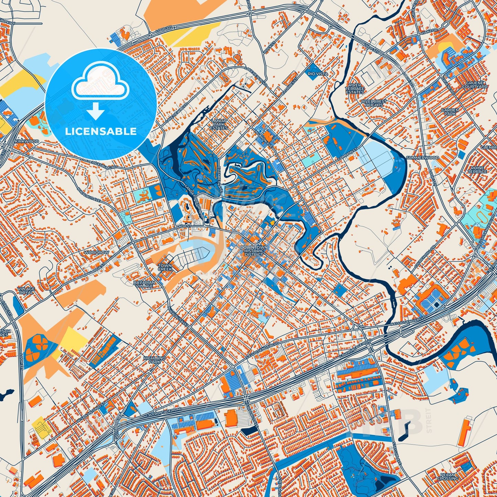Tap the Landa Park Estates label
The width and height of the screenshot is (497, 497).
coord(219,124)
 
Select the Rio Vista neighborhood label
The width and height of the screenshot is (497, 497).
coord(318,74)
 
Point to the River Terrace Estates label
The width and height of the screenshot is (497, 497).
coord(355,89)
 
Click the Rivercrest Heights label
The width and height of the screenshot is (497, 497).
coord(374,103)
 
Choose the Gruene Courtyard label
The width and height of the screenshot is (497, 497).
coord(475,85)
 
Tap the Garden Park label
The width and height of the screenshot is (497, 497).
coord(450,112)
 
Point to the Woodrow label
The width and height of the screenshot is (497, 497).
coord(96,252)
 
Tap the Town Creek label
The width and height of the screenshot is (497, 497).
coord(165,267)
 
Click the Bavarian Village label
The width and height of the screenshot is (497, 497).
coord(144,284)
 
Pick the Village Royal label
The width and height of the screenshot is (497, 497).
coord(26,291)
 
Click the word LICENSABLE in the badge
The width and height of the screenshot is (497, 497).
coord(101,131)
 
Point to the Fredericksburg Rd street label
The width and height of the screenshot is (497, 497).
coord(99,163)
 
